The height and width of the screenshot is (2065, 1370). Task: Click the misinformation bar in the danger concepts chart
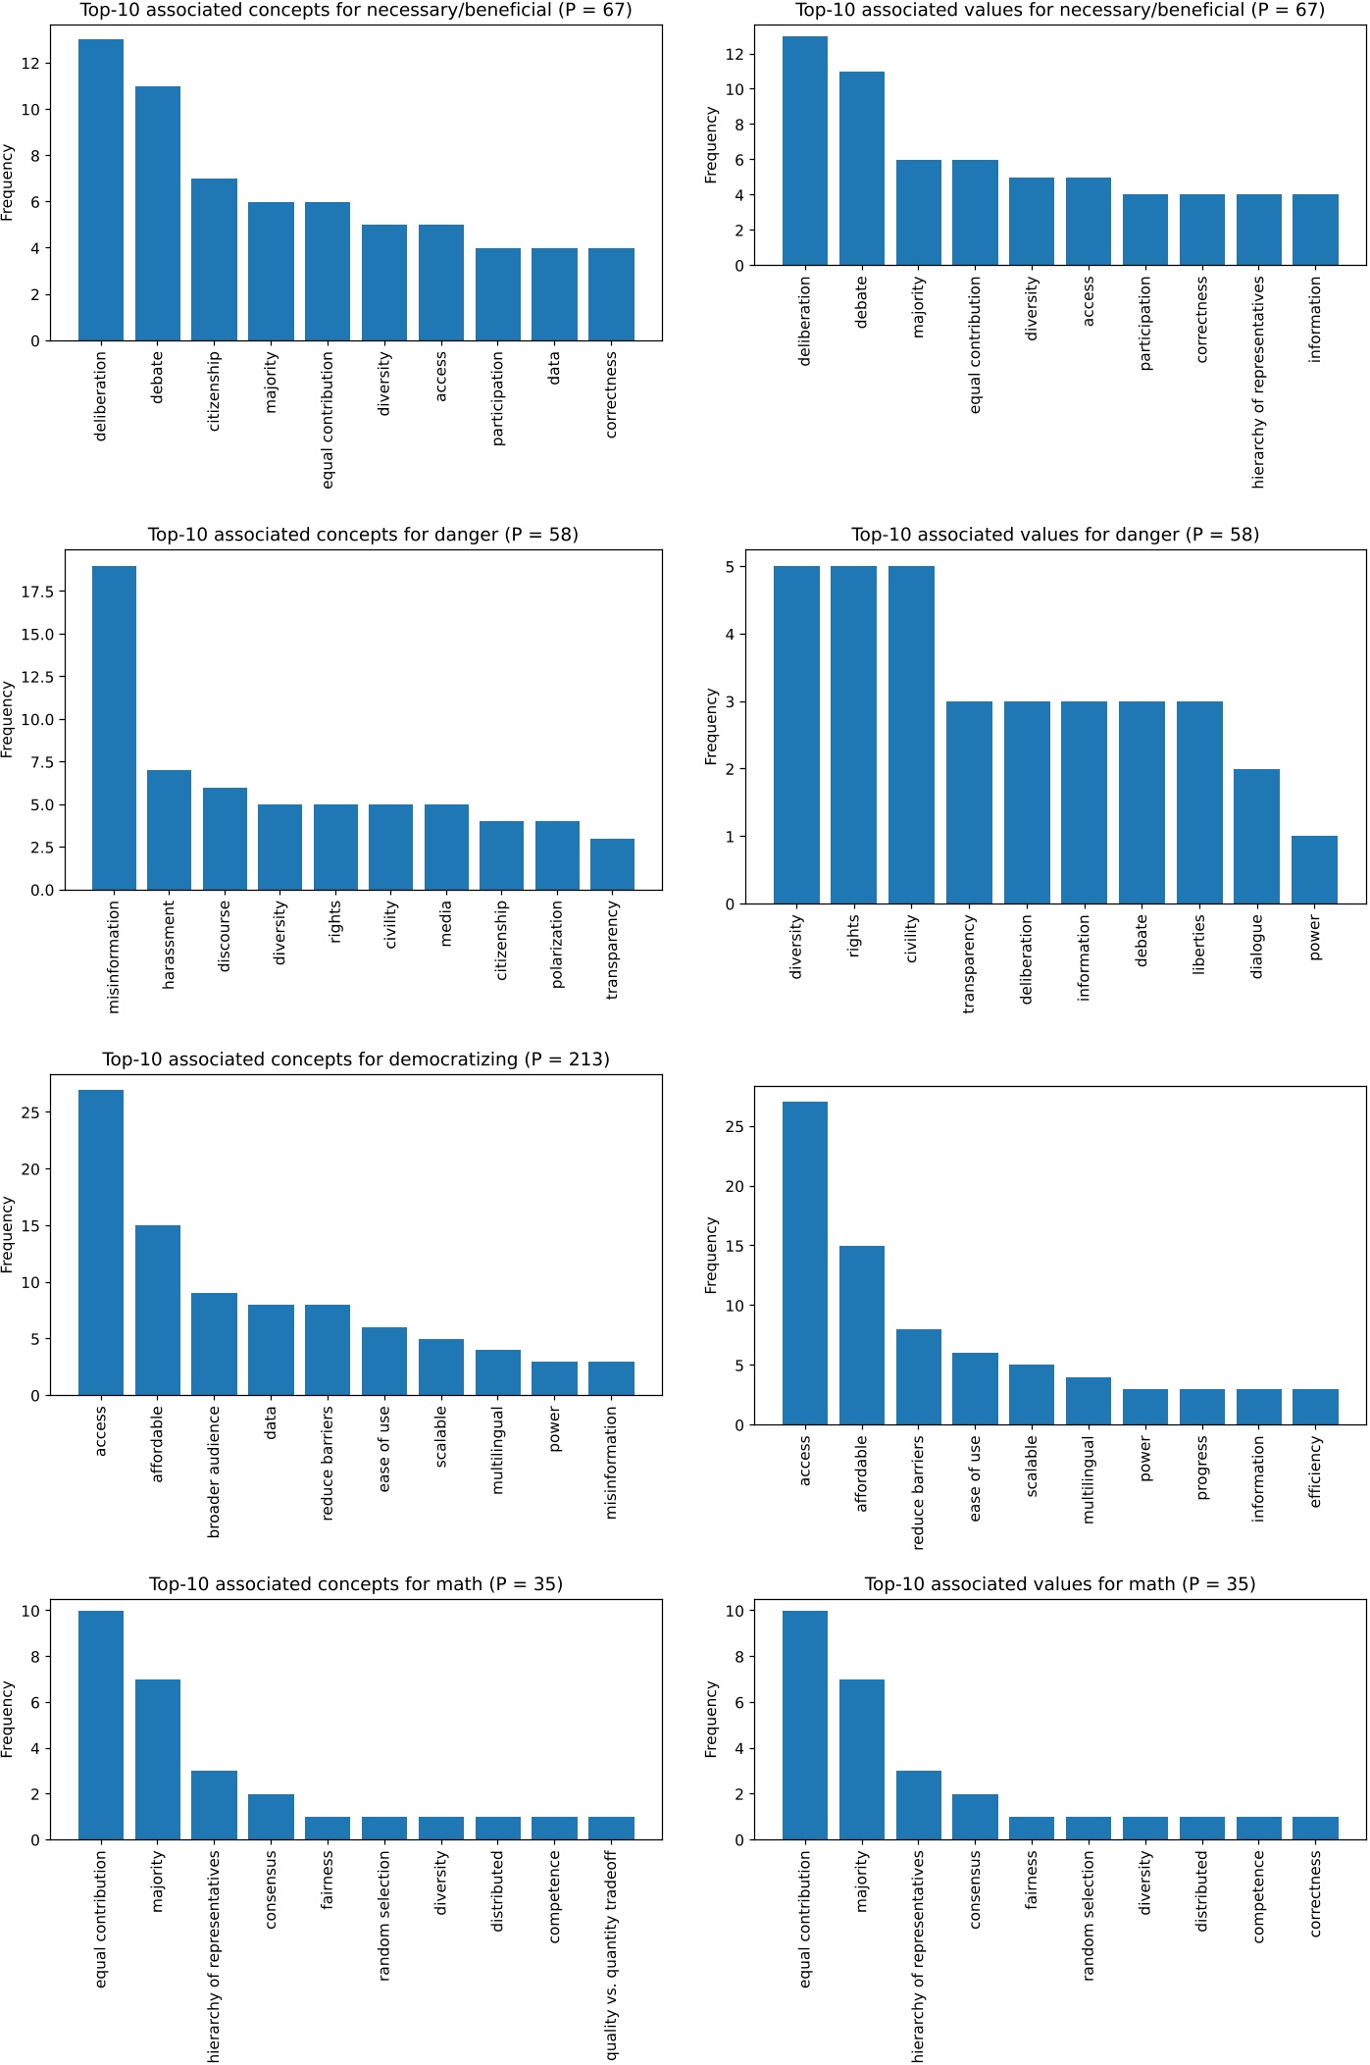tap(114, 728)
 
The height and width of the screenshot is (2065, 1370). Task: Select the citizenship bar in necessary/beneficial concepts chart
tap(214, 260)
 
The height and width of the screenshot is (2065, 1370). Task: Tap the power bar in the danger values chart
tap(1314, 870)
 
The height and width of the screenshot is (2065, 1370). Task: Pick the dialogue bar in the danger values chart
tap(1256, 837)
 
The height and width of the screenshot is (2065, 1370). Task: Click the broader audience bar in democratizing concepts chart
tap(214, 1344)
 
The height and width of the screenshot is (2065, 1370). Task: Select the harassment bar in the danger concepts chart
tap(169, 830)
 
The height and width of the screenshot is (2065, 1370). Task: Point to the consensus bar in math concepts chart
tap(271, 1817)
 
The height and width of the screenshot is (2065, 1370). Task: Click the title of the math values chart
tap(1059, 1584)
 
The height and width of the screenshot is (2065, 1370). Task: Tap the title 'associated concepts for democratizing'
tap(356, 1059)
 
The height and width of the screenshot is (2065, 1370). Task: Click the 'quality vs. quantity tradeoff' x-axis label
tap(611, 1954)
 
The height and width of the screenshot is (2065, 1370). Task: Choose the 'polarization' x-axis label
tap(557, 944)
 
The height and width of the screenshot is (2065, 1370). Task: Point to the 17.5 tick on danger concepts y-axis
tap(40, 592)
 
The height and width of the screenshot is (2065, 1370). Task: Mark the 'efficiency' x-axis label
tap(1315, 1471)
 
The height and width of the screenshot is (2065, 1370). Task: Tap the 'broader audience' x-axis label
tap(214, 1471)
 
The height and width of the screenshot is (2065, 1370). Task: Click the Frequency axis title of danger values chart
tap(711, 727)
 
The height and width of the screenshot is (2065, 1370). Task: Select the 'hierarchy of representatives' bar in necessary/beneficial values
tap(1258, 230)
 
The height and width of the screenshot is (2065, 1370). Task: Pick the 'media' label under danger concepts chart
tap(446, 923)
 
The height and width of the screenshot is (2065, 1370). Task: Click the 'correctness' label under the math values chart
tap(1315, 1893)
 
